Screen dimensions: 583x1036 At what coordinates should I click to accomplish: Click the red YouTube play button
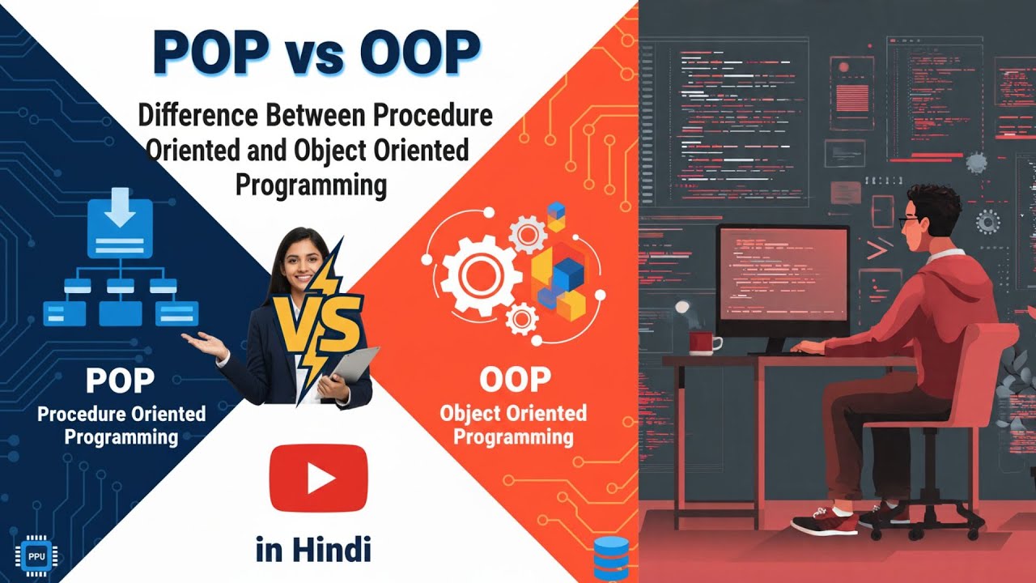(318, 478)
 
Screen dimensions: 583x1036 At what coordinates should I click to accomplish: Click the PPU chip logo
(36, 555)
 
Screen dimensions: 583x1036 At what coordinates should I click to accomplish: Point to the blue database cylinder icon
(611, 559)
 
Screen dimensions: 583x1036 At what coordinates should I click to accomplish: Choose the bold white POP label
(121, 380)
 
